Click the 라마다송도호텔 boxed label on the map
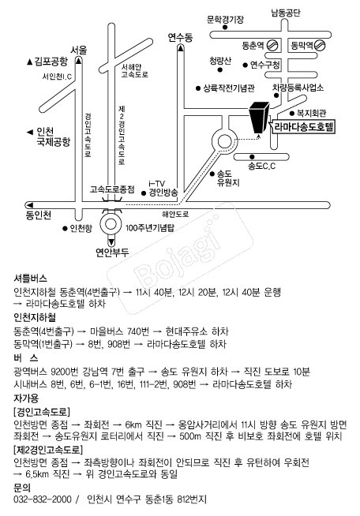(x=304, y=127)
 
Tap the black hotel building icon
(x=259, y=118)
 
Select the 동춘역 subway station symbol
(x=272, y=45)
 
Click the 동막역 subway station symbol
(x=319, y=45)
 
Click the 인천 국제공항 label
(x=53, y=137)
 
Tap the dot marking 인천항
(x=65, y=228)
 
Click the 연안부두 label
(x=112, y=252)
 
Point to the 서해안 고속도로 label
(x=134, y=71)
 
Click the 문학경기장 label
(x=225, y=20)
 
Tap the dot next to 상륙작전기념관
(x=198, y=88)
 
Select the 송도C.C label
(x=262, y=166)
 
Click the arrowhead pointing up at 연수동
(x=181, y=48)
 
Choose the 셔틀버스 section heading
(x=30, y=279)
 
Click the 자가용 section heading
(x=26, y=398)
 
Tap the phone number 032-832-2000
(x=43, y=499)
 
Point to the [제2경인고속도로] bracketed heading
(x=48, y=449)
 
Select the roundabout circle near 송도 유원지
(x=225, y=142)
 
